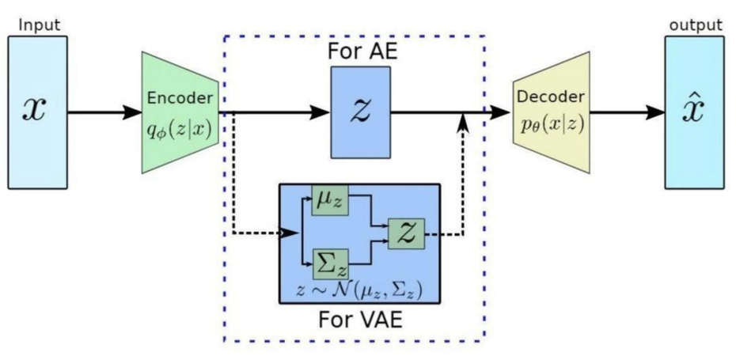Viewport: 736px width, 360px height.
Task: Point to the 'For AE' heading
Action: [360, 53]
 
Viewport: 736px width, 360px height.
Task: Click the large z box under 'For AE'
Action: [361, 112]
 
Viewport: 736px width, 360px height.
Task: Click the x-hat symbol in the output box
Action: [694, 111]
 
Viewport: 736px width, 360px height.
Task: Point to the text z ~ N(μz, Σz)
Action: [359, 290]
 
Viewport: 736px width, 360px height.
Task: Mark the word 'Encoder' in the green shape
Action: [180, 99]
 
